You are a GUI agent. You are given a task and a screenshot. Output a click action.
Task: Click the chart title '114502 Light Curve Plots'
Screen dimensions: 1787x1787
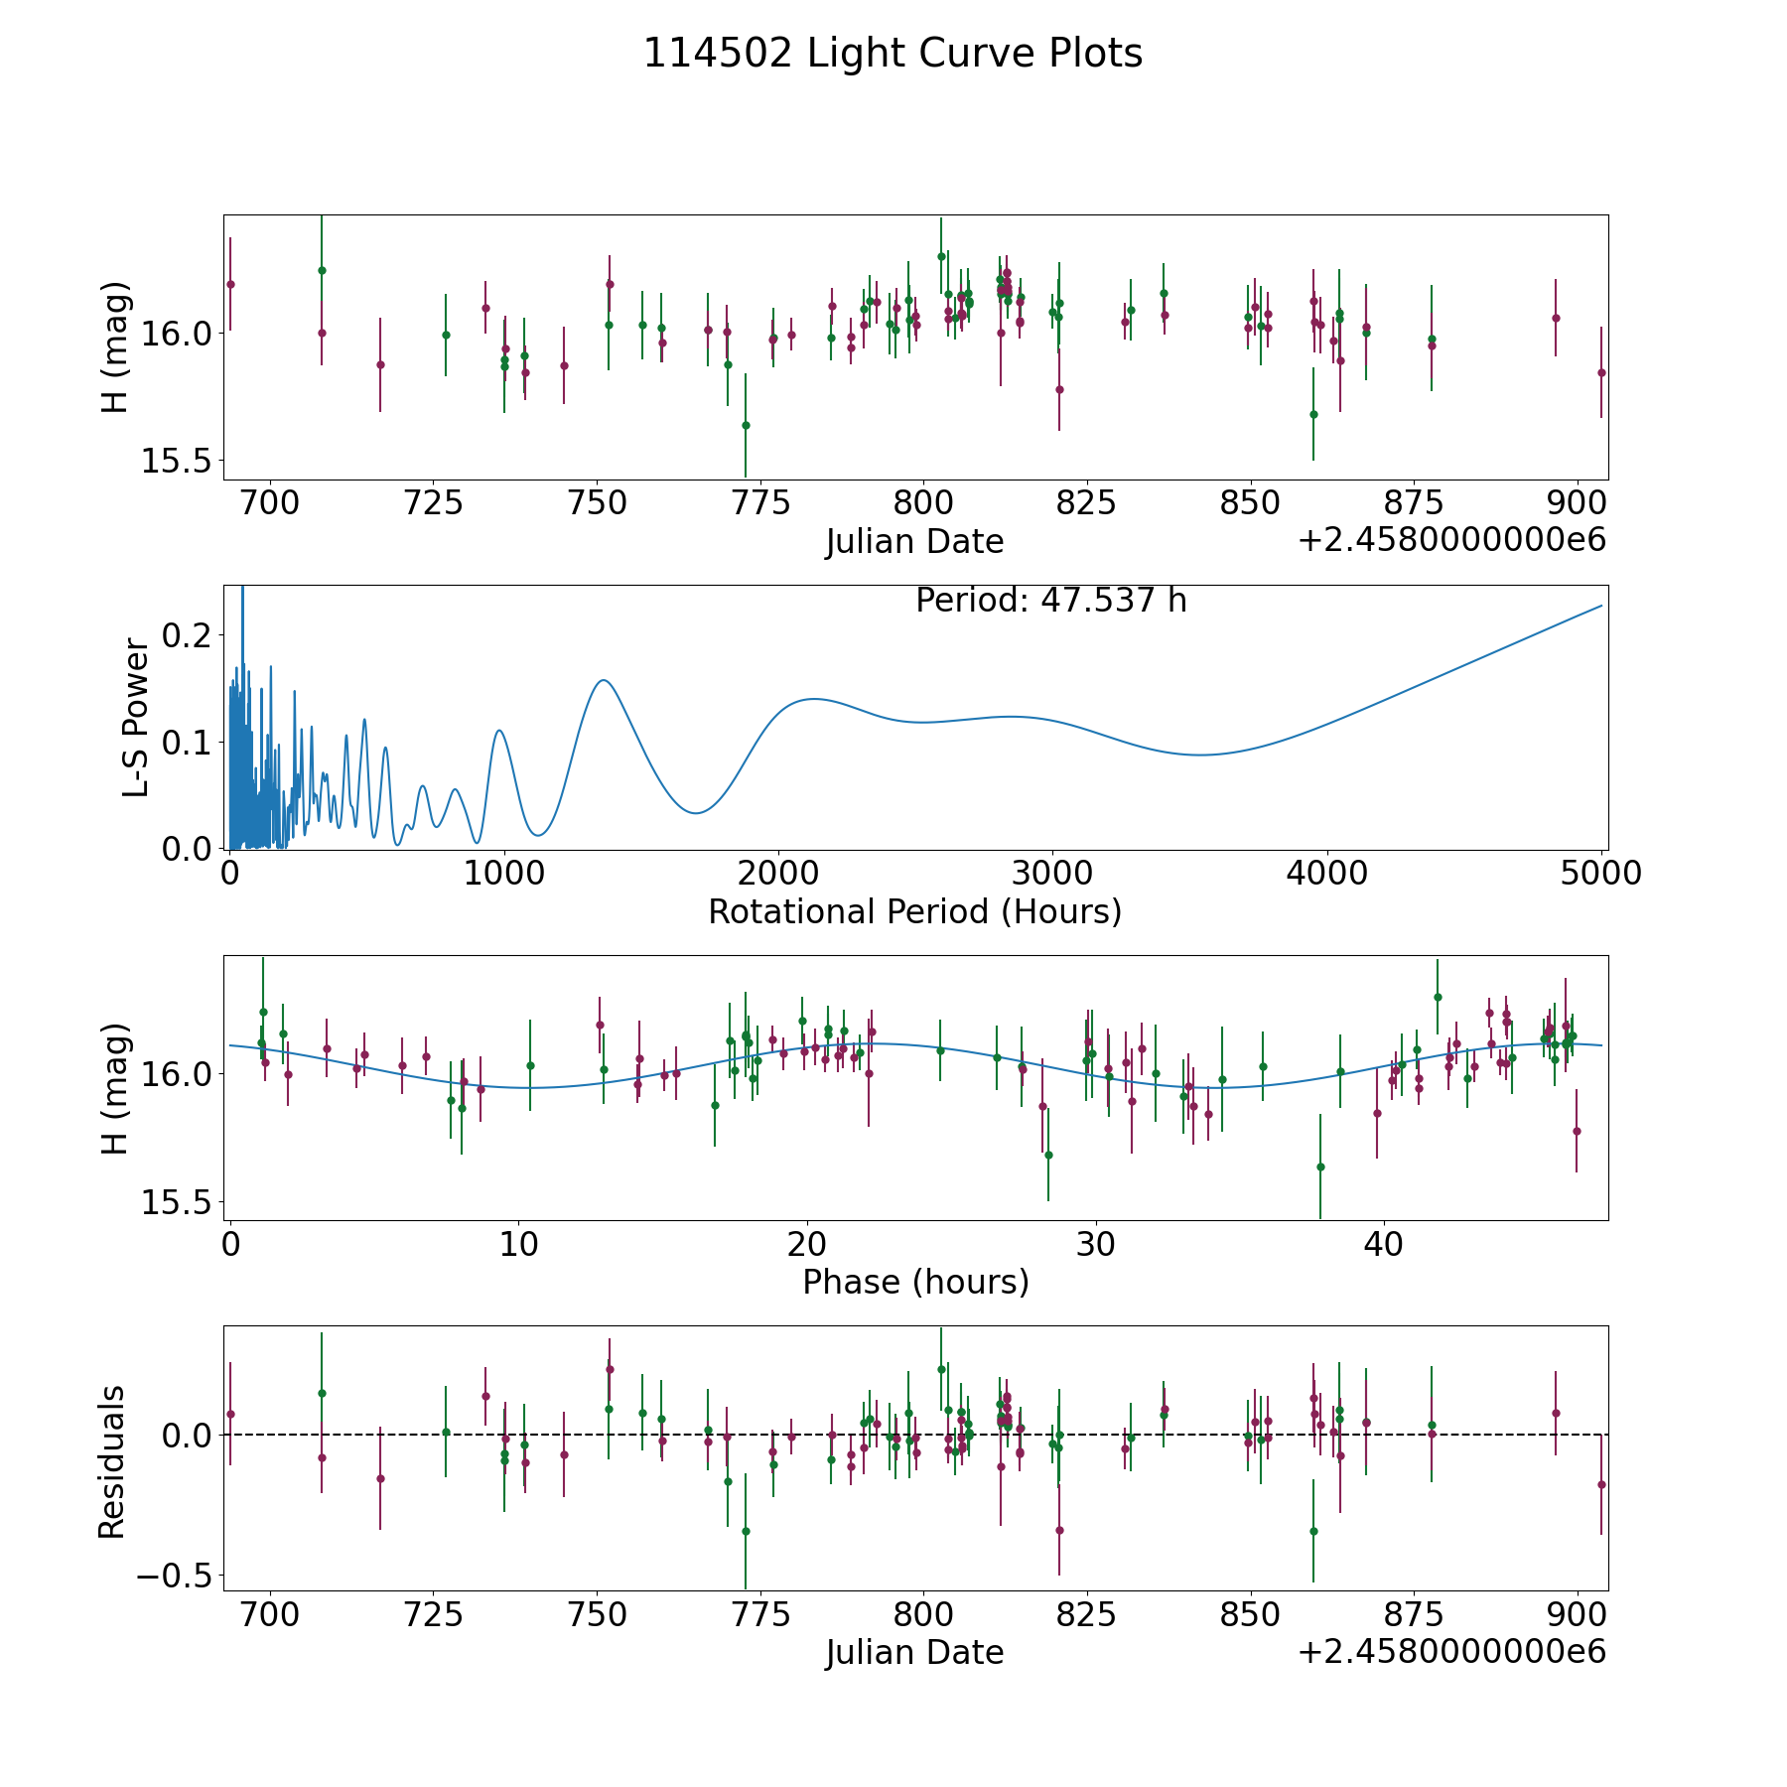coord(893,54)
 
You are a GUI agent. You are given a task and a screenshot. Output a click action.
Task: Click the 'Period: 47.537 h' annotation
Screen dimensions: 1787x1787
coord(1050,601)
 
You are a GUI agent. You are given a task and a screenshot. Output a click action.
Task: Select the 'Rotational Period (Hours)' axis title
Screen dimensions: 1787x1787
coord(914,911)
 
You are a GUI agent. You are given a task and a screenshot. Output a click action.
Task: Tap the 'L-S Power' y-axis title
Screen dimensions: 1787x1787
coord(136,718)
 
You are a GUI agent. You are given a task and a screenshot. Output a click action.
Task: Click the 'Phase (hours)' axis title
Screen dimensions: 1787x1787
coord(914,1282)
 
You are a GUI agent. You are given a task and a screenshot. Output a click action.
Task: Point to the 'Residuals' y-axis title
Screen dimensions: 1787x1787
coord(112,1461)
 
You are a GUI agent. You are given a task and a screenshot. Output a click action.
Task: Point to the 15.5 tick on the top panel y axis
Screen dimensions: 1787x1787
coord(175,461)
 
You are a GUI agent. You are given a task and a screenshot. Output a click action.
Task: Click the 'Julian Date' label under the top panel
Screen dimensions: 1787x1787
coord(914,542)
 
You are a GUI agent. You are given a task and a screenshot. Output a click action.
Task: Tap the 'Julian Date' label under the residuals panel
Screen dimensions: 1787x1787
coord(914,1653)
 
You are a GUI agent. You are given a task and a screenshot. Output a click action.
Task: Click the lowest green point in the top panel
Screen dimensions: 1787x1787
coord(746,425)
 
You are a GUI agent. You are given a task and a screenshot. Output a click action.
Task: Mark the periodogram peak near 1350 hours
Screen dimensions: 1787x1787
coord(603,680)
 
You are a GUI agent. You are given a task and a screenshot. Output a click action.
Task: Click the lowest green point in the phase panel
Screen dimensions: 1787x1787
coord(1320,1167)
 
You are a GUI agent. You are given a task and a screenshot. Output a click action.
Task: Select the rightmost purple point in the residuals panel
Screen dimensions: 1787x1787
coord(1601,1484)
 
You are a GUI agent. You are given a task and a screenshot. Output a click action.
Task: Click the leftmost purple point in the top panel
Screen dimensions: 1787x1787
coord(230,284)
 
